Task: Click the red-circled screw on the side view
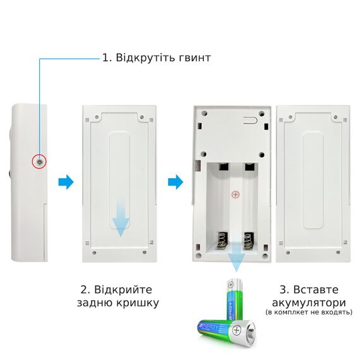39,162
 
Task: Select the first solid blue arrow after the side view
66,182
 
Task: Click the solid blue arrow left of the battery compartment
176,182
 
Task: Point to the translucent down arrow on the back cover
121,217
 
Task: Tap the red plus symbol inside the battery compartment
236,195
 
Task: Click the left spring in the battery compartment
222,241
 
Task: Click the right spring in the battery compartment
249,241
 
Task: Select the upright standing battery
234,299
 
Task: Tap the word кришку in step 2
138,303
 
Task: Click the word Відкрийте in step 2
123,290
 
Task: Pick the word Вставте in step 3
316,290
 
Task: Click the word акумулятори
309,303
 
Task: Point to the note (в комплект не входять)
309,313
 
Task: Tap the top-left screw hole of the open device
204,113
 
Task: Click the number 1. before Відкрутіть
107,57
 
